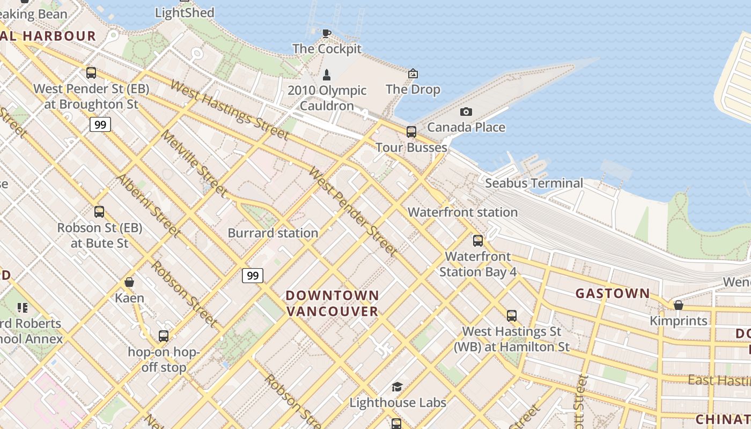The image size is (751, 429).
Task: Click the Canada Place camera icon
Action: click(466, 112)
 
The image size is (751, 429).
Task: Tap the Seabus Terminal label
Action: click(534, 183)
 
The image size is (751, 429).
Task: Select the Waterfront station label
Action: click(462, 212)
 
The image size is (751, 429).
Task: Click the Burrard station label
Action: click(273, 233)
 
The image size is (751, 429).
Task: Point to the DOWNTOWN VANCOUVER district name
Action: click(333, 303)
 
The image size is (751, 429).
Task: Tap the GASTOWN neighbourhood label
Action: click(613, 293)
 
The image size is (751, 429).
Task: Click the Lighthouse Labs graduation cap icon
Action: click(397, 387)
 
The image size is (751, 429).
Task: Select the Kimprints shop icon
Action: click(678, 305)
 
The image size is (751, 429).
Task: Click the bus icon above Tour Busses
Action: click(411, 131)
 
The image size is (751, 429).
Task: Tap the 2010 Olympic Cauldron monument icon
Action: click(327, 75)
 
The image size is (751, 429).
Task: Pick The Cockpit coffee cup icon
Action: click(326, 33)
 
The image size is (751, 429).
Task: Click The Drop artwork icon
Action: click(413, 73)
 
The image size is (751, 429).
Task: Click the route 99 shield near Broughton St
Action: click(100, 124)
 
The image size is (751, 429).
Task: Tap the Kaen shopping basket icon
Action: click(129, 282)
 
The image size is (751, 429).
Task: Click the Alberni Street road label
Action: click(149, 205)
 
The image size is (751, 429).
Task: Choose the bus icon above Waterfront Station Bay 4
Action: click(477, 241)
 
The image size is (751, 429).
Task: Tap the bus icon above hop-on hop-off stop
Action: click(164, 336)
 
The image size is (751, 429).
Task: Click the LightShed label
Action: click(185, 12)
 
